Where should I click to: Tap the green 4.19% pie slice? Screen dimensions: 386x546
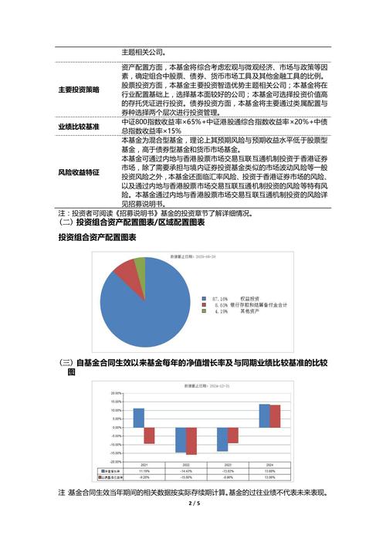point(140,266)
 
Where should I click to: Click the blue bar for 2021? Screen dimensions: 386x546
point(138,417)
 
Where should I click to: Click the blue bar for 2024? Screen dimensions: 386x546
point(264,415)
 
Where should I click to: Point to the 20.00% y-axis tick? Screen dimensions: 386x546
point(117,393)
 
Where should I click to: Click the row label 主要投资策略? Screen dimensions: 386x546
point(79,90)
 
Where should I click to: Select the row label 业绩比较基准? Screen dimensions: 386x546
point(79,126)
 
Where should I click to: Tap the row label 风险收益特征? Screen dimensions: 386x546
point(79,172)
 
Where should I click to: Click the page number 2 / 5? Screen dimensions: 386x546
point(193,505)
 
